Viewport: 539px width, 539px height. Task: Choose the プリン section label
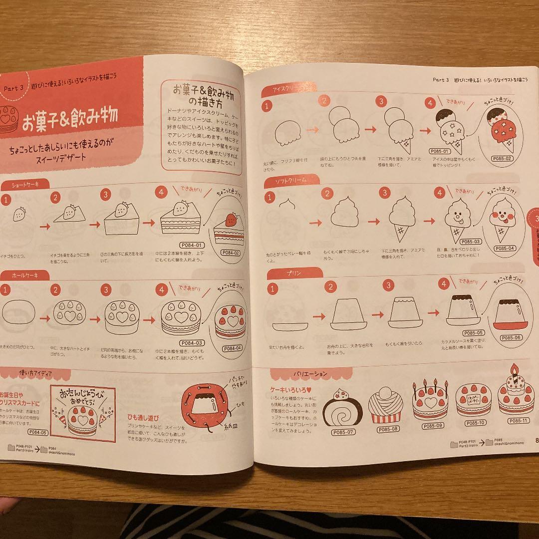tap(294, 273)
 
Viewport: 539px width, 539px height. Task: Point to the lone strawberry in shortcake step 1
tap(19, 215)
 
